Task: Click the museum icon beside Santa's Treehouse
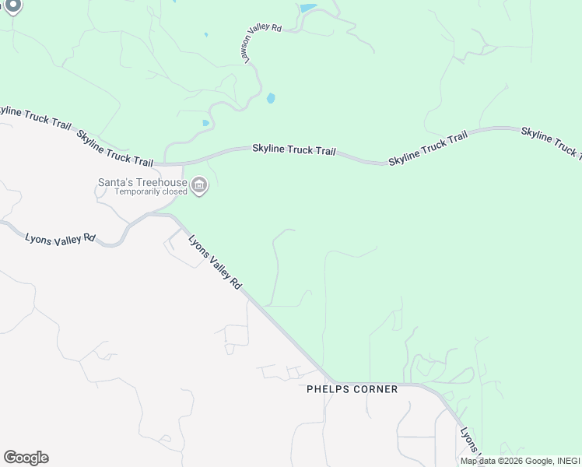(200, 186)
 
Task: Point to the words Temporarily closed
(151, 191)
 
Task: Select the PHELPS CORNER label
(352, 389)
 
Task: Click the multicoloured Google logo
(26, 458)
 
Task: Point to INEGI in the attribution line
(566, 461)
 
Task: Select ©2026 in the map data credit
(510, 461)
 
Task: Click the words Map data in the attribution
(479, 461)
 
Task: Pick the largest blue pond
(308, 9)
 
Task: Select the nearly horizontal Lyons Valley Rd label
(60, 239)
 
